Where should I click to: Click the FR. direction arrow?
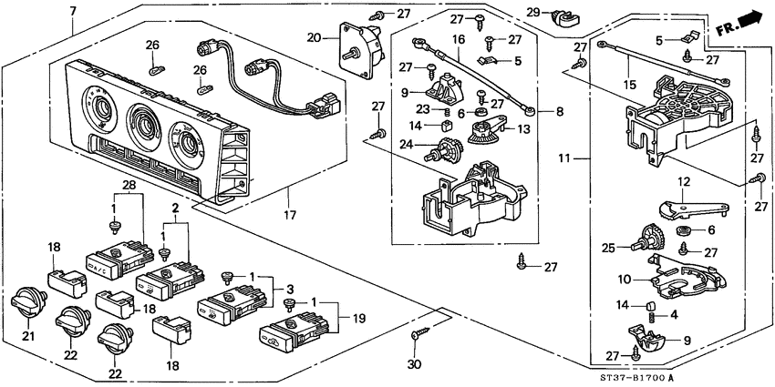click(x=738, y=21)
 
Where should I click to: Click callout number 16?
click(x=458, y=41)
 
